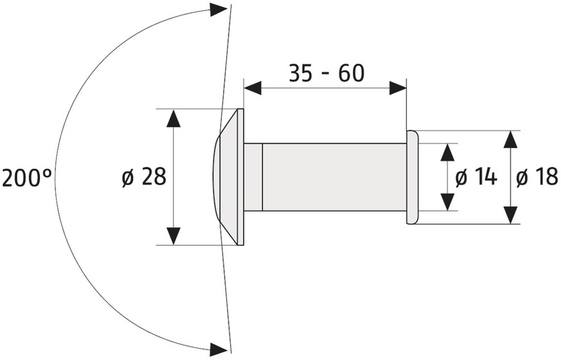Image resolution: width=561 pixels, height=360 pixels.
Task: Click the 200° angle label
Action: tap(26, 178)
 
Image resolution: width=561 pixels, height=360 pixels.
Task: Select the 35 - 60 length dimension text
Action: tap(327, 73)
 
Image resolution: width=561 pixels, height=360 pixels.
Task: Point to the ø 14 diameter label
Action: tap(476, 177)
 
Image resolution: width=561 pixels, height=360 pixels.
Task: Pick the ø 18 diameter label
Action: tap(537, 177)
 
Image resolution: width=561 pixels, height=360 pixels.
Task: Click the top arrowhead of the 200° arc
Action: tap(218, 10)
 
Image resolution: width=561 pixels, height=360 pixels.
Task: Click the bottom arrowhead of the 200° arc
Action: tap(218, 349)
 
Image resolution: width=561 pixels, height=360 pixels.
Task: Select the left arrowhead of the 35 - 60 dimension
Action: tap(252, 88)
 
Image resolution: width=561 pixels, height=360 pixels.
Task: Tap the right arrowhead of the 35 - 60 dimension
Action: tap(398, 88)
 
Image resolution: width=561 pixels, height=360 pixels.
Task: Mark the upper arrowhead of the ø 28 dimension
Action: tap(173, 118)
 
